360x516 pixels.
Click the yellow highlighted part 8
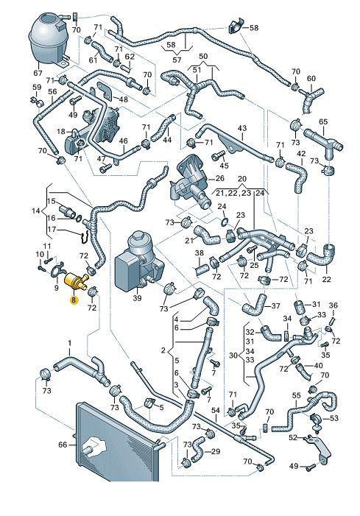click(76, 280)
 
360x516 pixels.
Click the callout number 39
click(137, 298)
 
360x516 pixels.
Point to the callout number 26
click(219, 178)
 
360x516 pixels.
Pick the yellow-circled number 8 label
click(74, 300)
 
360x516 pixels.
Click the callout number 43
click(242, 127)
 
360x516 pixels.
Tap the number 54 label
click(216, 410)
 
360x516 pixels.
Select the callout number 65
click(323, 121)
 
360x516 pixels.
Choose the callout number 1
click(70, 344)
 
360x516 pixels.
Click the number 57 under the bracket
click(177, 60)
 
